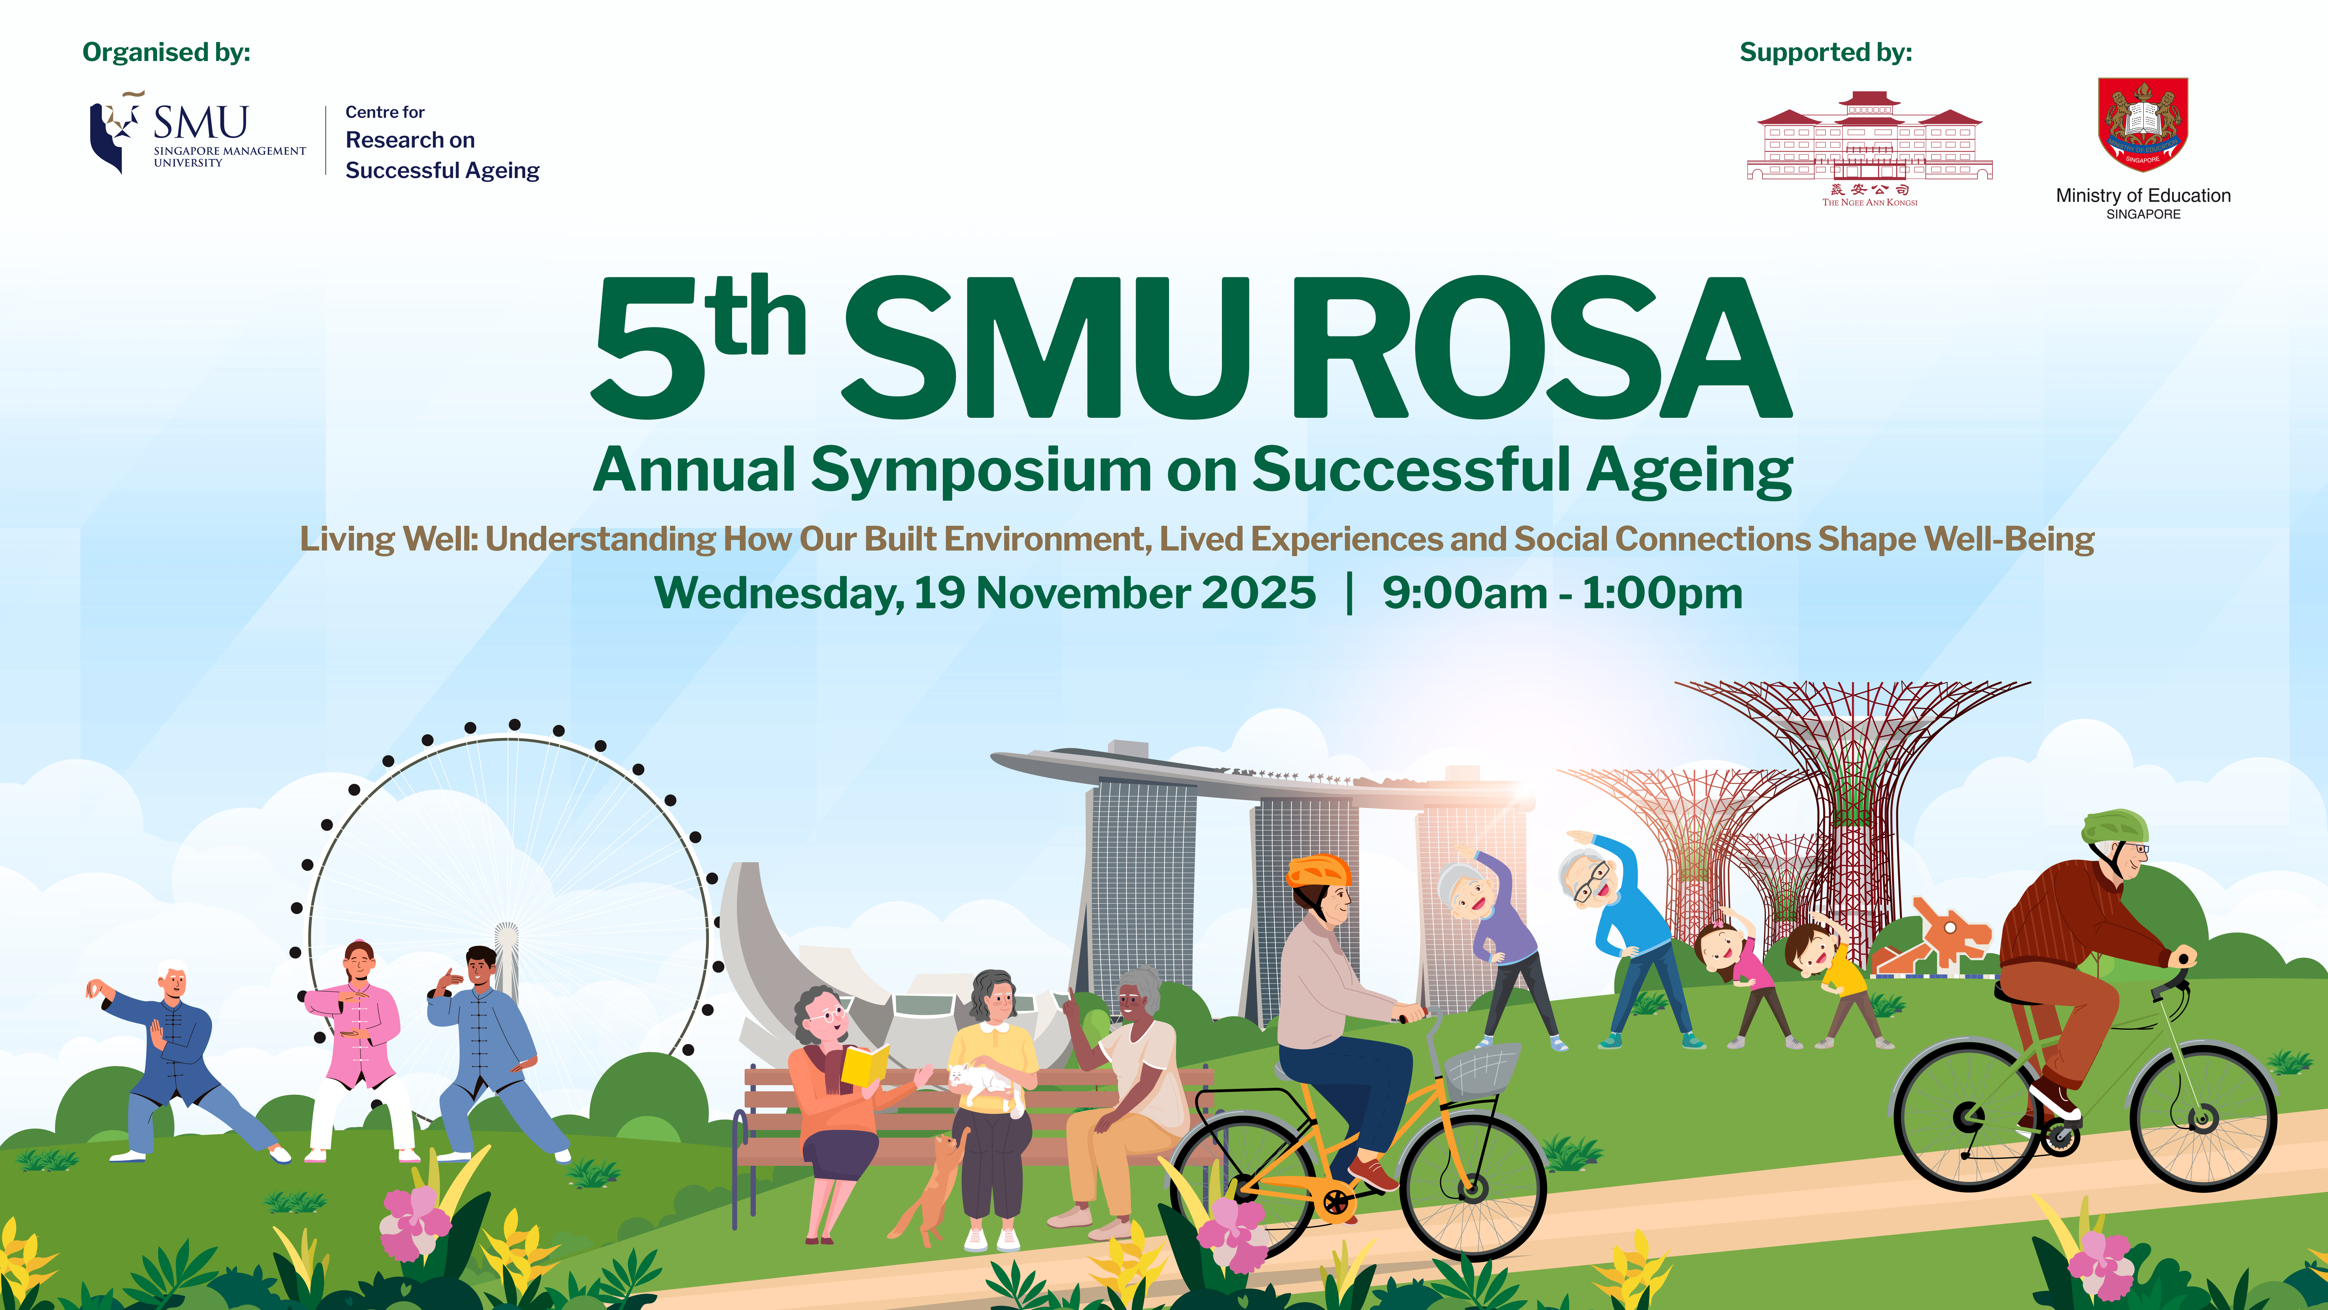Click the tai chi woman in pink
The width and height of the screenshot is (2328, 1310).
pos(357,1040)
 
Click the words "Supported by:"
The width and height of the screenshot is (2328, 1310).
pos(1825,53)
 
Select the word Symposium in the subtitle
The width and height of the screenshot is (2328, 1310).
pos(981,471)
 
